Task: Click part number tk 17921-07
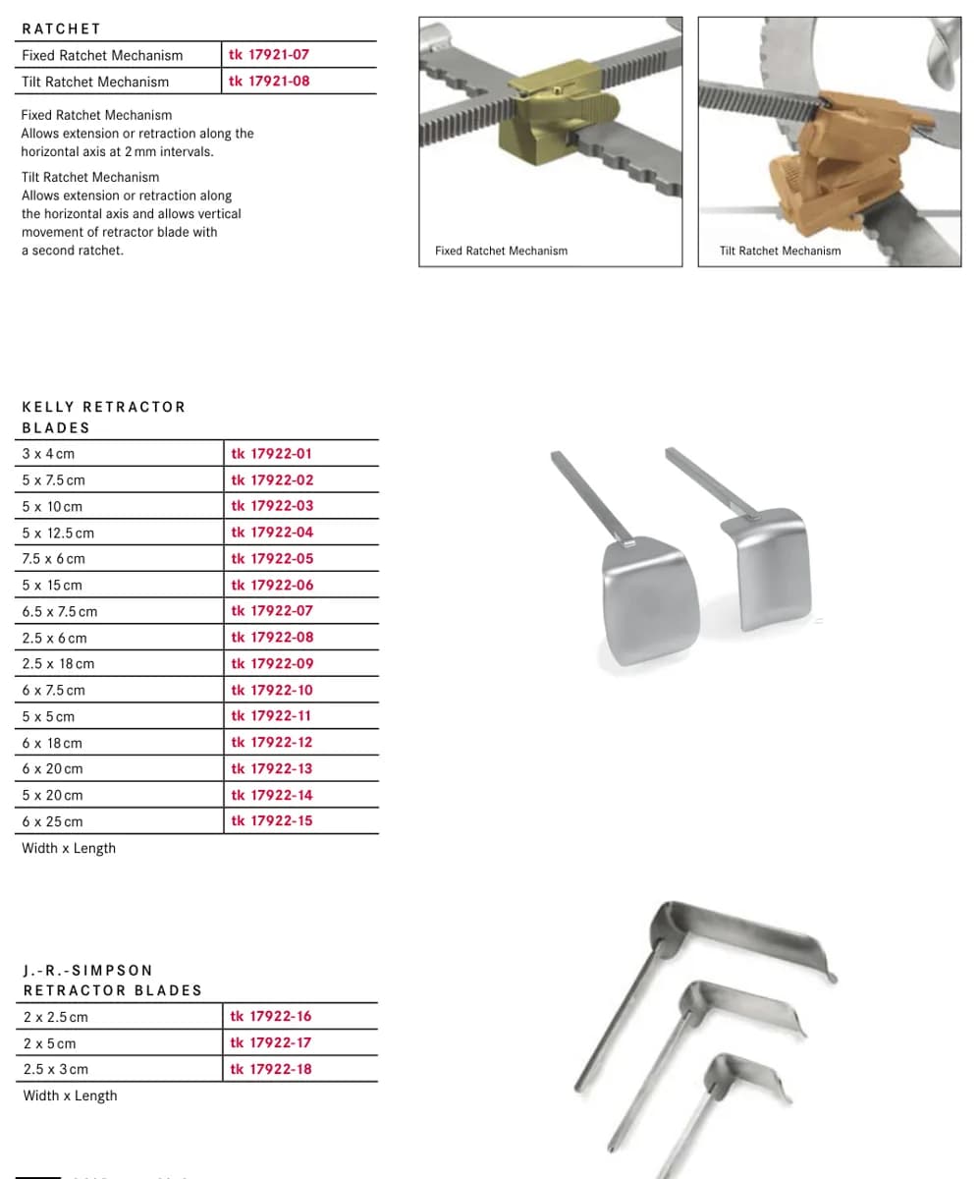tap(269, 55)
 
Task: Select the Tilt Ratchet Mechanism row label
tap(95, 82)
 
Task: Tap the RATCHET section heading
tap(61, 28)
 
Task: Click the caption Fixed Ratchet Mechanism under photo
tap(501, 251)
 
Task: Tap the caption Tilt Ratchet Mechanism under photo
tap(780, 251)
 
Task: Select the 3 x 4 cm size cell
tap(48, 454)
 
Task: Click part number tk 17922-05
tap(272, 558)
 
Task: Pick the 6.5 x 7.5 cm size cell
tap(59, 611)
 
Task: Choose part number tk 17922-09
tap(272, 663)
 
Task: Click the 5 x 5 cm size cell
tap(48, 716)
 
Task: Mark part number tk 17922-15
tap(271, 821)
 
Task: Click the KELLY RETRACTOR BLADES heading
tap(104, 418)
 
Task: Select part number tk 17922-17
tap(270, 1042)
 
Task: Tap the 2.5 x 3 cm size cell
tap(55, 1070)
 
